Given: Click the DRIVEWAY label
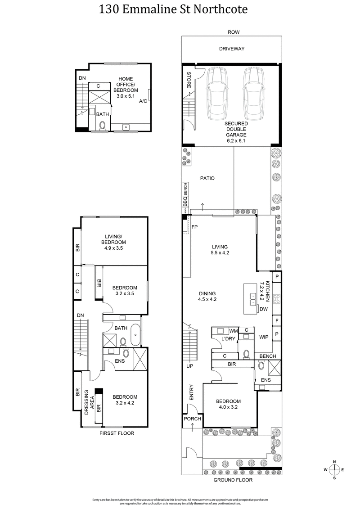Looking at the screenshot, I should [232, 49].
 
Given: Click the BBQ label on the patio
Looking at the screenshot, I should [185, 202].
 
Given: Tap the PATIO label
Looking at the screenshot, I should [207, 178].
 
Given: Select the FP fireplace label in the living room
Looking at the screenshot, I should [195, 227].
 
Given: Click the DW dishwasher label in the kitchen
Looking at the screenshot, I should [263, 309].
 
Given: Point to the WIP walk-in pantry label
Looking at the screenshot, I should [264, 337].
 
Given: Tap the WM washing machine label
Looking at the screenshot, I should [233, 330].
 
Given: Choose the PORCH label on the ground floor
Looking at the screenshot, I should [192, 419].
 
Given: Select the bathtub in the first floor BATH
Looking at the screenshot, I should [135, 337].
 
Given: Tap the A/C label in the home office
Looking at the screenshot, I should [143, 101].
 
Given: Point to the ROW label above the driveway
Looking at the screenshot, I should [234, 32].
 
